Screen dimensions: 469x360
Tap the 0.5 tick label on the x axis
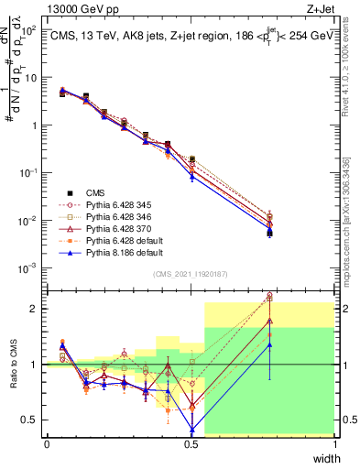(191, 444)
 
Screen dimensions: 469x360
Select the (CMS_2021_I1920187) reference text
(191, 275)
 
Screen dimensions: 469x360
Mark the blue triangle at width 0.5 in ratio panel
(191, 430)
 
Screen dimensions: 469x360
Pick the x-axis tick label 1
(335, 444)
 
